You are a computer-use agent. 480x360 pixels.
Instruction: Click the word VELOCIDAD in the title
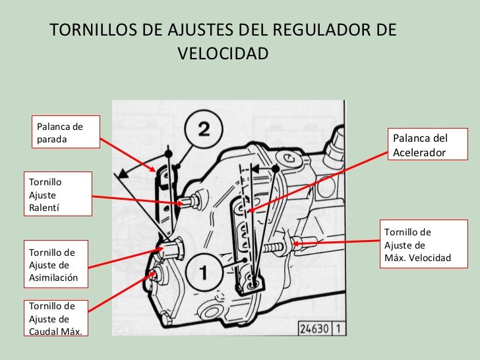tap(224, 53)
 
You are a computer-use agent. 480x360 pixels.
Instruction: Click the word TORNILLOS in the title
tap(86, 31)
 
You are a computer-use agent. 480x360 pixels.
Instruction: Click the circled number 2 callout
tap(204, 131)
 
